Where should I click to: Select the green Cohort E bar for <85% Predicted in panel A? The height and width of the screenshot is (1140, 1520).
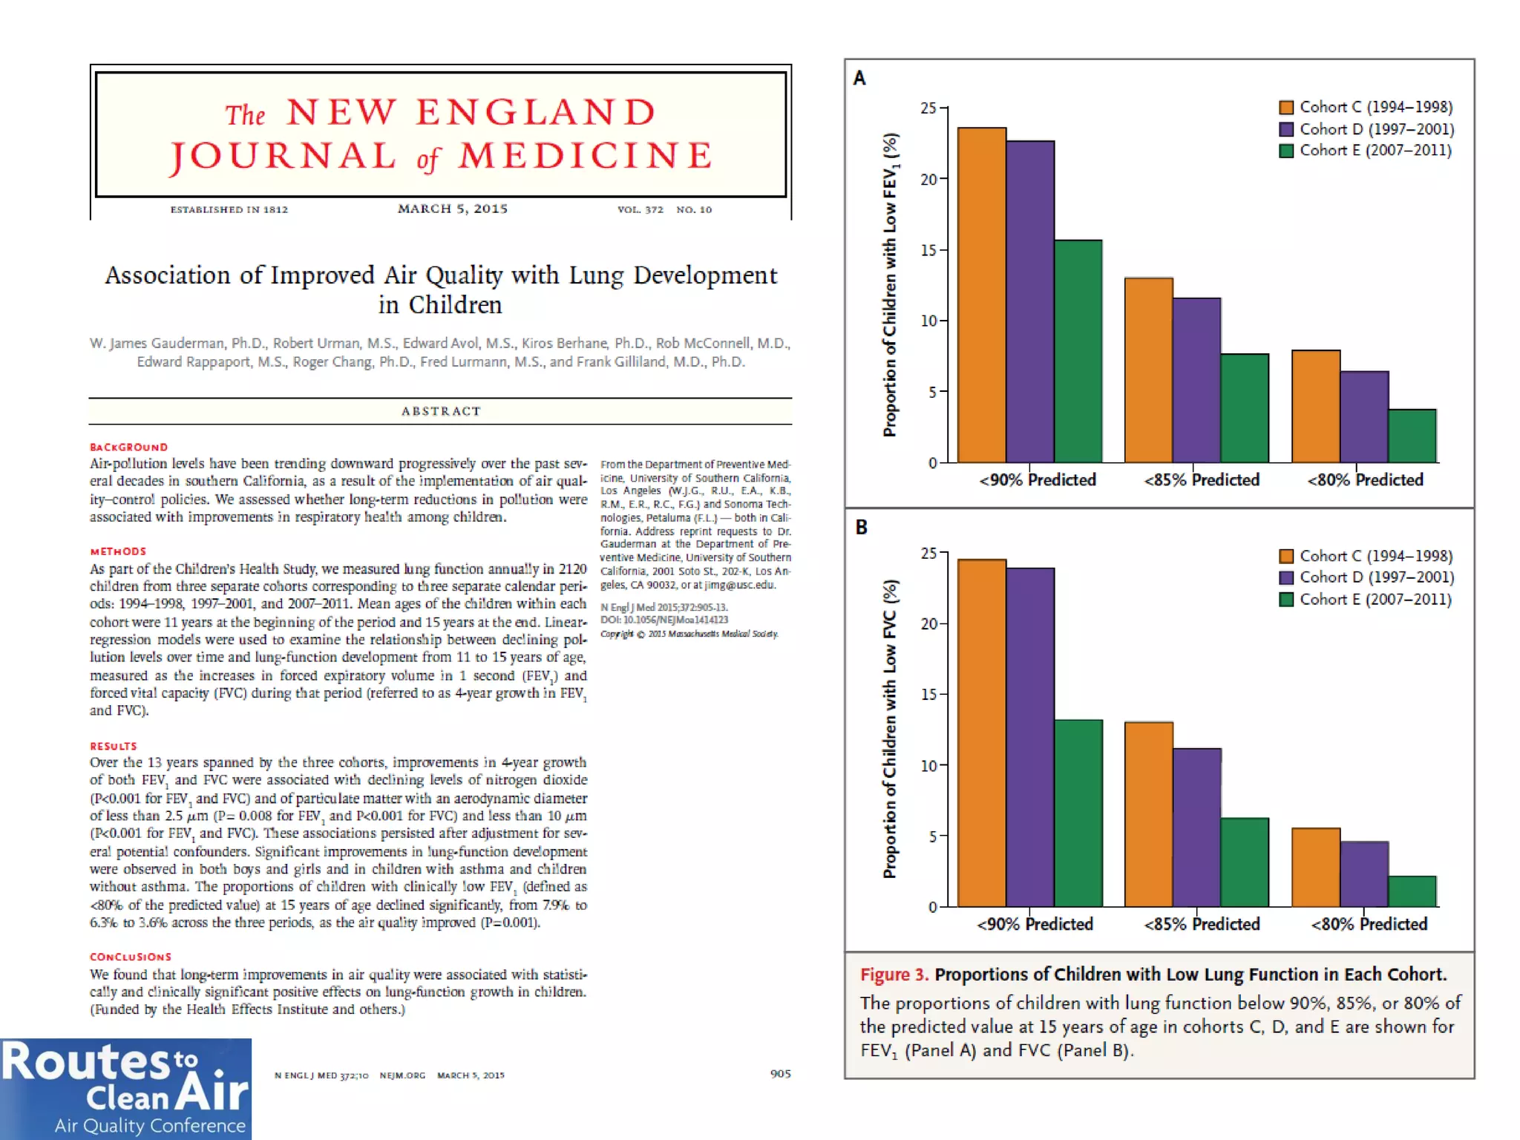[x=1245, y=408]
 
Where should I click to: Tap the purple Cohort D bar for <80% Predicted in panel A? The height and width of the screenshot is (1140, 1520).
[x=1364, y=417]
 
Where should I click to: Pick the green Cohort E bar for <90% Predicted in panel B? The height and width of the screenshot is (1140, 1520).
[x=1078, y=813]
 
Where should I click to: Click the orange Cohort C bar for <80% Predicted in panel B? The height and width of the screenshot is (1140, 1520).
[x=1316, y=867]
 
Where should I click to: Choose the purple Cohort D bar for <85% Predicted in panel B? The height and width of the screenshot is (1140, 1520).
[x=1197, y=828]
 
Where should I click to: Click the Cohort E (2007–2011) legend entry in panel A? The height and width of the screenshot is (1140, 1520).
[x=1365, y=151]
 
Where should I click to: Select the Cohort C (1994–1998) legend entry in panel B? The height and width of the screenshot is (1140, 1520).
[x=1366, y=556]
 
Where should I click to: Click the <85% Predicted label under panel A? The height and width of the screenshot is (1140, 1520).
[x=1202, y=480]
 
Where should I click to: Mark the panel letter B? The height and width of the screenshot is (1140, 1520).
[x=861, y=527]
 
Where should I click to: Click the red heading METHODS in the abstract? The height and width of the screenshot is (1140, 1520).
[x=118, y=551]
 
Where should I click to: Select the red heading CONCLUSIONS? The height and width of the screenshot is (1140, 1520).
[x=131, y=957]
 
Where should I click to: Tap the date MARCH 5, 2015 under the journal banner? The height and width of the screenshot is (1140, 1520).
[x=453, y=209]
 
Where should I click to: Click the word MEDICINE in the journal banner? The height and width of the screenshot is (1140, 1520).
[x=586, y=156]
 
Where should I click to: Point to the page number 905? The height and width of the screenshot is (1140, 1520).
[x=780, y=1074]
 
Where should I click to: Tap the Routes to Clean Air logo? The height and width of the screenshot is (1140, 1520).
[x=125, y=1089]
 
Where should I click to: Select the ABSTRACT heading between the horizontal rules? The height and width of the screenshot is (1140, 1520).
[x=441, y=411]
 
